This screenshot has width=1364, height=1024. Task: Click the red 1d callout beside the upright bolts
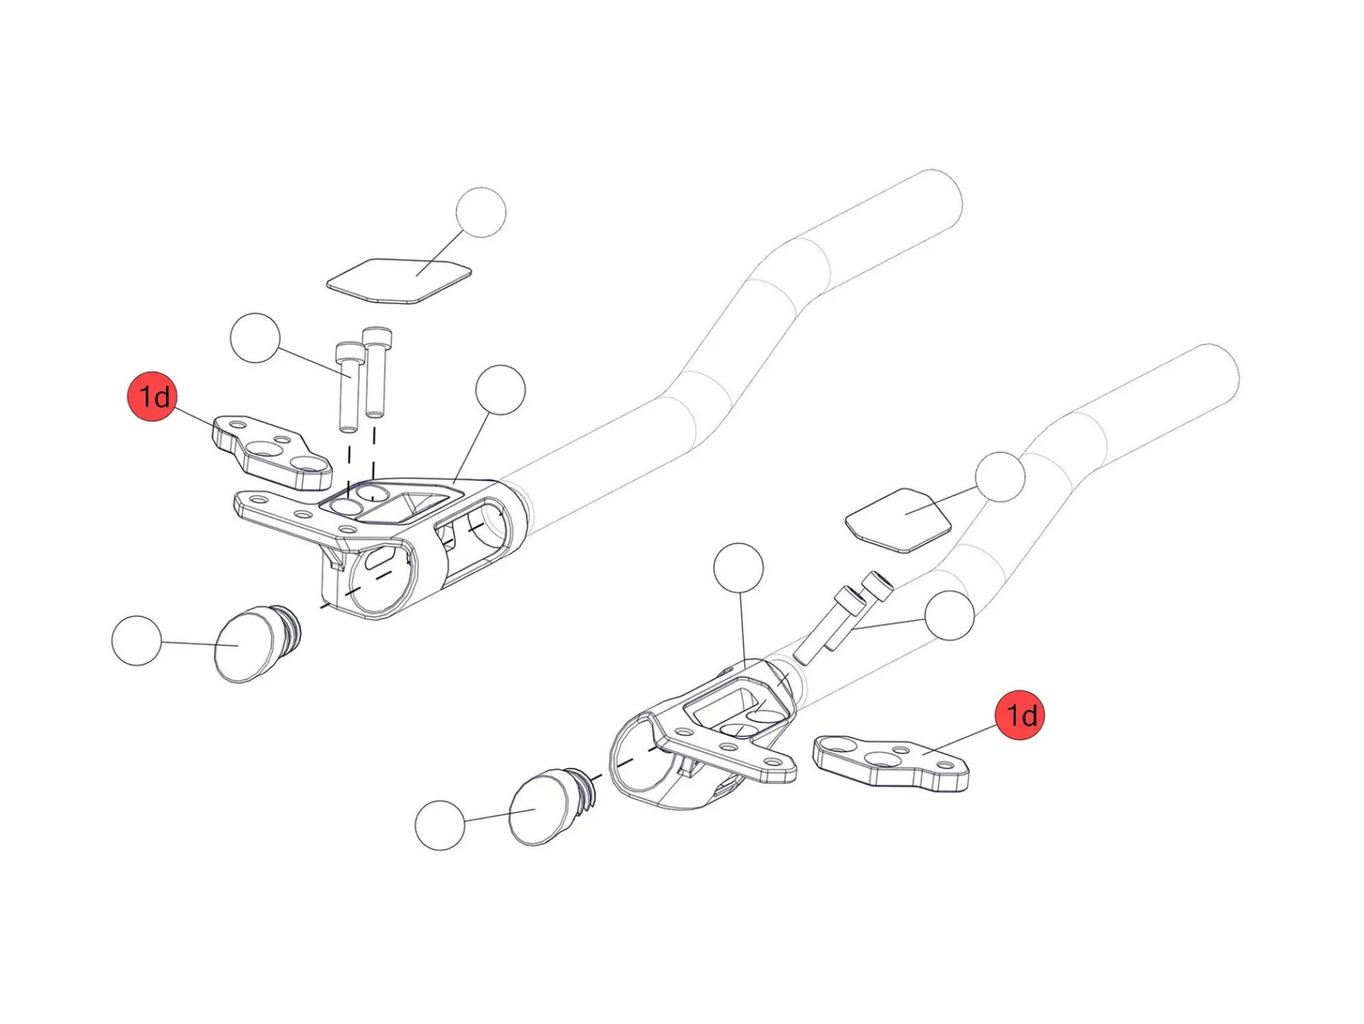[152, 396]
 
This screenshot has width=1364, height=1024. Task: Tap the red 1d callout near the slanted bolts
[1019, 715]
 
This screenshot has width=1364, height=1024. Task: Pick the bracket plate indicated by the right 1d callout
[890, 761]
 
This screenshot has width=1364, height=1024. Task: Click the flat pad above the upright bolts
[399, 280]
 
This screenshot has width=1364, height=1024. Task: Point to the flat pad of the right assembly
[898, 519]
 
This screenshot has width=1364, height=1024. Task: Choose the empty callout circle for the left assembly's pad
[481, 213]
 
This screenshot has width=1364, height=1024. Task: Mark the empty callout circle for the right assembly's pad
[1000, 478]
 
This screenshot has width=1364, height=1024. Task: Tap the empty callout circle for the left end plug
[136, 641]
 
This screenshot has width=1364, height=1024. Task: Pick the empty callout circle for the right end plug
[440, 825]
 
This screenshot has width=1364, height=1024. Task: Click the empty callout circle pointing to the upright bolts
[255, 338]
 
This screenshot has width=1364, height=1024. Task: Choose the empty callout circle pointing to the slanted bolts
[949, 615]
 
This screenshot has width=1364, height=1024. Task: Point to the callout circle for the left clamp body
[500, 390]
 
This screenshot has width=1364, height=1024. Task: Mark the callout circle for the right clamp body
[739, 568]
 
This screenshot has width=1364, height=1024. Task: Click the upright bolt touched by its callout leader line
[348, 387]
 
